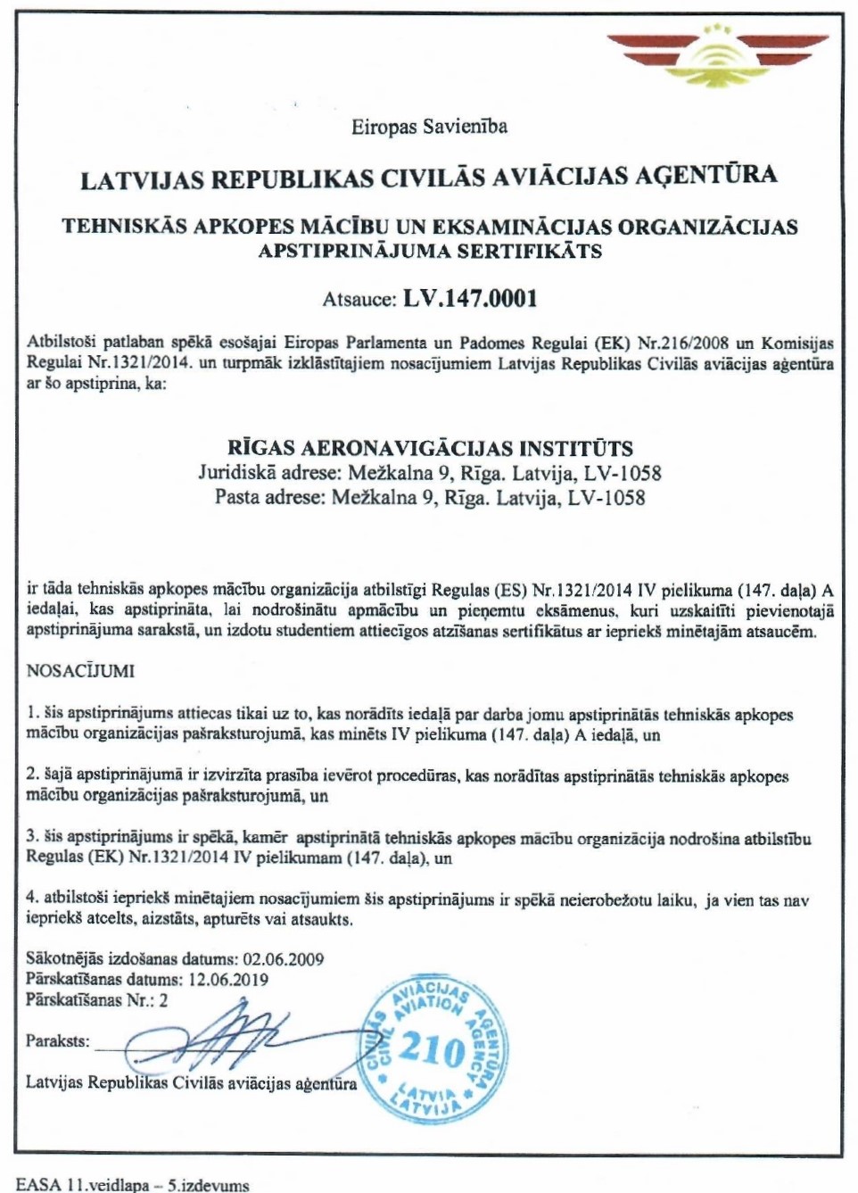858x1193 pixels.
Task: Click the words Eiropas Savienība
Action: (429, 127)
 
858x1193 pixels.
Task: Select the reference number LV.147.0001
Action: (470, 298)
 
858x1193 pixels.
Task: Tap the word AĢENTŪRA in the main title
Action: (705, 175)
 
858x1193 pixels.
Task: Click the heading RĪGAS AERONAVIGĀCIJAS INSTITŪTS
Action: (430, 448)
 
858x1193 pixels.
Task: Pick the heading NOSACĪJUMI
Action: (80, 670)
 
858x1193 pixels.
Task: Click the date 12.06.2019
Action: (228, 979)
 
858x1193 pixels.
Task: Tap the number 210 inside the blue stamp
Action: (432, 1049)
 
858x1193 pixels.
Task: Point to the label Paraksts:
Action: (57, 1040)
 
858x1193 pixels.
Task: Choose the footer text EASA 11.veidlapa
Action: (83, 1185)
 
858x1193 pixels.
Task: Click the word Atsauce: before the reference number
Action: (359, 300)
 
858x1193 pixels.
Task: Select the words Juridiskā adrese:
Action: (269, 473)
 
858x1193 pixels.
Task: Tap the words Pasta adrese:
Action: (269, 497)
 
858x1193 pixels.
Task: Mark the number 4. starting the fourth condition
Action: (32, 899)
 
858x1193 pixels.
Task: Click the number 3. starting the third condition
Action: (32, 837)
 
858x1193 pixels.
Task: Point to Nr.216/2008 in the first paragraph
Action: (683, 343)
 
